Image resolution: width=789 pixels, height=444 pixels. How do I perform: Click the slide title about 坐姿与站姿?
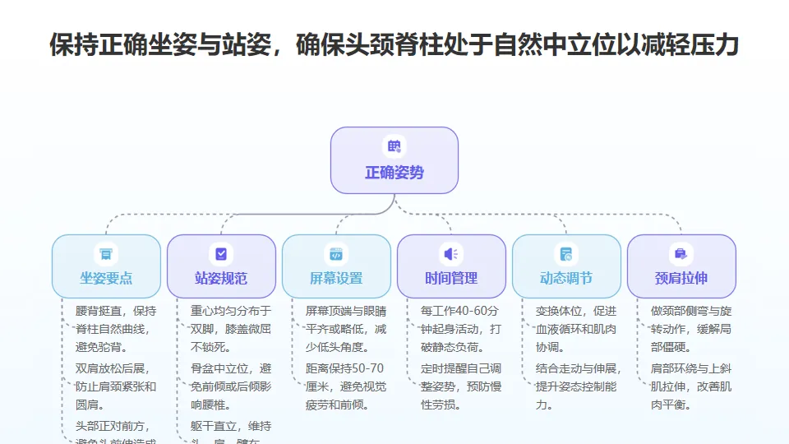pyautogui.click(x=394, y=44)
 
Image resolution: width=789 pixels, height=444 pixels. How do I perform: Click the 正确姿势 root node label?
pyautogui.click(x=394, y=173)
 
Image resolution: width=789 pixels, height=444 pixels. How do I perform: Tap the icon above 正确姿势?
pyautogui.click(x=394, y=147)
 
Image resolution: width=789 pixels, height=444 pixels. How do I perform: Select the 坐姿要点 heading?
pyautogui.click(x=106, y=278)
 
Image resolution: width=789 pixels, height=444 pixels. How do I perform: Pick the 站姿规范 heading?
pyautogui.click(x=221, y=278)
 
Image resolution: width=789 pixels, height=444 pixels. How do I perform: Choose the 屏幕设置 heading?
pyautogui.click(x=336, y=278)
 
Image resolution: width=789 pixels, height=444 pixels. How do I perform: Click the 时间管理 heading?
pyautogui.click(x=451, y=278)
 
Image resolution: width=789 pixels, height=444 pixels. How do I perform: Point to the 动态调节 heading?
pyautogui.click(x=566, y=278)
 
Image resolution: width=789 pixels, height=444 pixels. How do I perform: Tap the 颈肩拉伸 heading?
pyautogui.click(x=681, y=278)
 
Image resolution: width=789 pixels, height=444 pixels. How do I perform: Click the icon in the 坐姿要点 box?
pyautogui.click(x=106, y=254)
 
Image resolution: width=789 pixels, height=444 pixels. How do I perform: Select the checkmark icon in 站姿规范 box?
pyautogui.click(x=221, y=254)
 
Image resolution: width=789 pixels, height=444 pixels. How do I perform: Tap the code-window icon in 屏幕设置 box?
pyautogui.click(x=336, y=254)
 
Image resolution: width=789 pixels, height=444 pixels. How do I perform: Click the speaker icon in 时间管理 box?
pyautogui.click(x=451, y=254)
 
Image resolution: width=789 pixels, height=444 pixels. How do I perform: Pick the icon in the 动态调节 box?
pyautogui.click(x=566, y=254)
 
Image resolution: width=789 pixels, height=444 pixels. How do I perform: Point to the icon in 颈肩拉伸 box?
pyautogui.click(x=681, y=254)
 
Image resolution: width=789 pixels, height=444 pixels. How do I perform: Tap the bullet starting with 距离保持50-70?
pyautogui.click(x=344, y=386)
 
